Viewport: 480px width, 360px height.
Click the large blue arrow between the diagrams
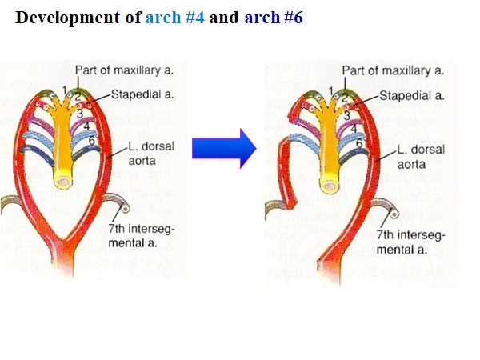[223, 147]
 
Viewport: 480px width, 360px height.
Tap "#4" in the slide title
[195, 17]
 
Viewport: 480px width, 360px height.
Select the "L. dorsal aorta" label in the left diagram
[152, 155]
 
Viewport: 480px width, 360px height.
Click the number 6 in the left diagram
[91, 142]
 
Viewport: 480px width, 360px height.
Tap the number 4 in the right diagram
[353, 127]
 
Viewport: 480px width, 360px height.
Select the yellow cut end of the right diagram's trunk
[327, 182]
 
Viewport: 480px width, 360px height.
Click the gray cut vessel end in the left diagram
[124, 210]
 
